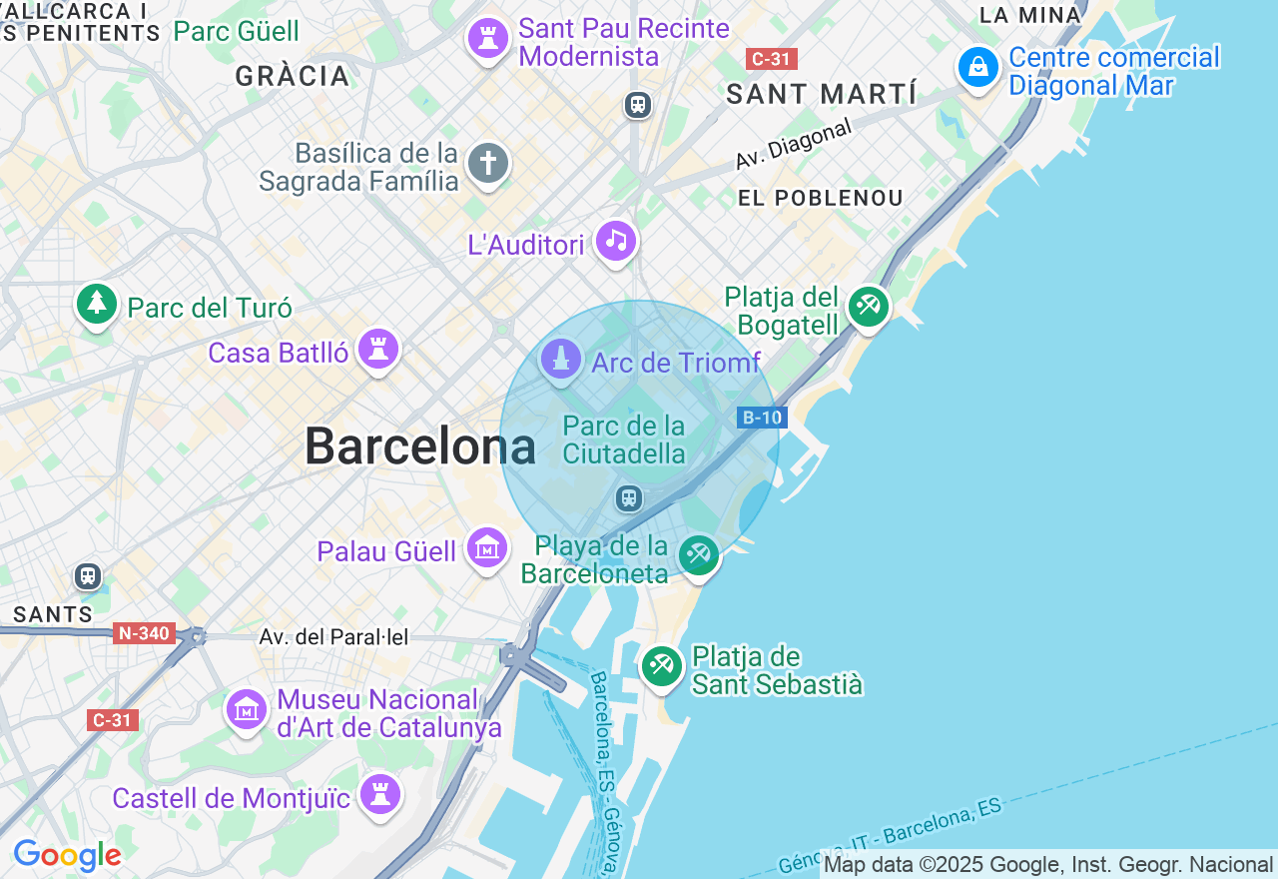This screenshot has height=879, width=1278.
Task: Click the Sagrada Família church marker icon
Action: [x=487, y=163]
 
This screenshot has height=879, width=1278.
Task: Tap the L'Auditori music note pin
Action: [x=616, y=241]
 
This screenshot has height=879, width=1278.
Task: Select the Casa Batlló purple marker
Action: [x=378, y=349]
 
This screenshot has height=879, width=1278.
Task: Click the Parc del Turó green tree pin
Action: [x=97, y=303]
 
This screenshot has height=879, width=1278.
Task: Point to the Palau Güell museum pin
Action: [x=487, y=547]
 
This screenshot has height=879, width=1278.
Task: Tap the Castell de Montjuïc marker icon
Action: [x=380, y=794]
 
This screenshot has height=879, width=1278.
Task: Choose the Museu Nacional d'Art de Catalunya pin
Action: [x=246, y=709]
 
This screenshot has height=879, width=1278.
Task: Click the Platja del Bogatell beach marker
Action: [x=868, y=307]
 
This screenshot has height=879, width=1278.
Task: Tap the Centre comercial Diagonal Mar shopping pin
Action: [x=978, y=68]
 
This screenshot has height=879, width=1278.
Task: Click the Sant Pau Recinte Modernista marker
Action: [x=488, y=40]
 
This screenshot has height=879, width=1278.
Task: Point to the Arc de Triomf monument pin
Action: [x=560, y=360]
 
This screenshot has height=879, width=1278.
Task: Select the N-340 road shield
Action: [x=144, y=633]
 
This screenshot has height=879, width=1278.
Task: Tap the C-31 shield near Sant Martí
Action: [x=771, y=59]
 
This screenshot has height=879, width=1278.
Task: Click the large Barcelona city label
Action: [x=420, y=445]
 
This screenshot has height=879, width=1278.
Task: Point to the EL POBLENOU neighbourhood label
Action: [x=821, y=198]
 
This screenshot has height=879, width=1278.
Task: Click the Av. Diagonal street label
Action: [x=794, y=144]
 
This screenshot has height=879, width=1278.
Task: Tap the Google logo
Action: [x=67, y=855]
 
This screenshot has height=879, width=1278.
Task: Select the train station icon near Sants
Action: [x=88, y=576]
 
